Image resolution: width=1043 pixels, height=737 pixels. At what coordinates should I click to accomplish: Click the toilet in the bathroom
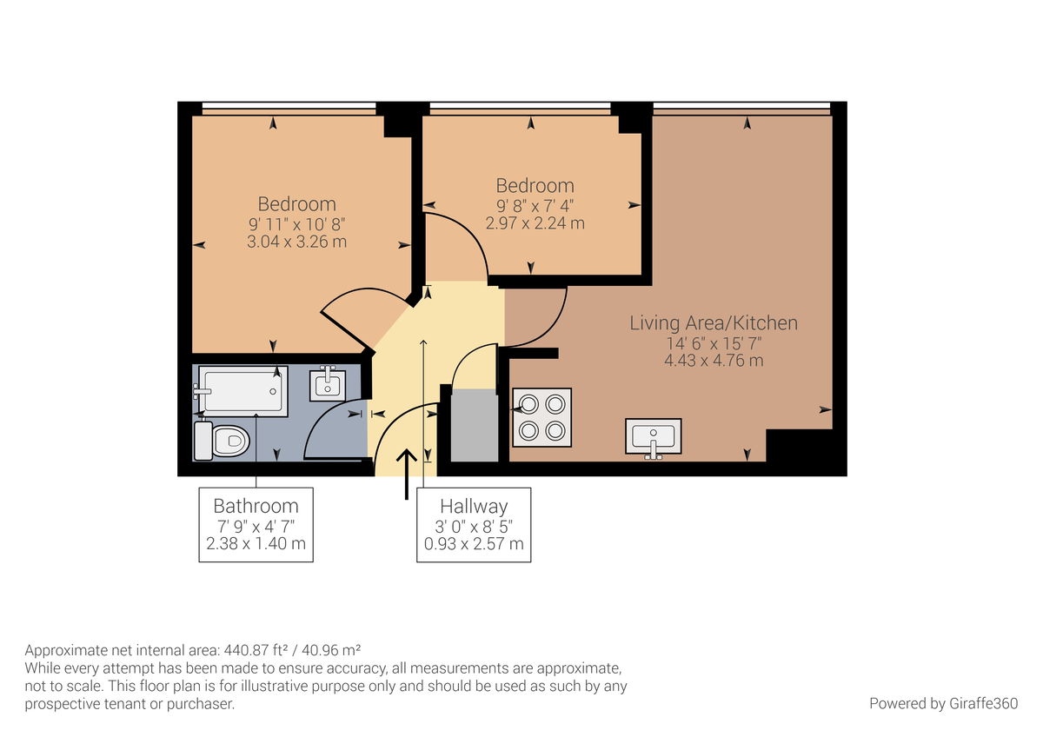[x=224, y=441]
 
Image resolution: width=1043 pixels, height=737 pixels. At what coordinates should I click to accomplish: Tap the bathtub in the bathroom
[x=242, y=391]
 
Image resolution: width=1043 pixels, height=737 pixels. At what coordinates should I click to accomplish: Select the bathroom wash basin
[x=328, y=382]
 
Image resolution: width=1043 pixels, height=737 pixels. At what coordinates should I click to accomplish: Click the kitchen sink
[x=654, y=436]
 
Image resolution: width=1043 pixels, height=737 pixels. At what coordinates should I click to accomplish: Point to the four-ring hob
[x=541, y=417]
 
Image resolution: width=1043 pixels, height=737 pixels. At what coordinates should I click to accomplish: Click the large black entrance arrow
[x=406, y=475]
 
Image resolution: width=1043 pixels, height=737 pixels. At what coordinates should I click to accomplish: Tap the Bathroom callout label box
[x=256, y=525]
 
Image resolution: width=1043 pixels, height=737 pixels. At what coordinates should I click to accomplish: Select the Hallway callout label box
[x=474, y=525]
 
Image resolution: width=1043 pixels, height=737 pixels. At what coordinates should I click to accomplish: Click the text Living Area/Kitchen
[x=714, y=323]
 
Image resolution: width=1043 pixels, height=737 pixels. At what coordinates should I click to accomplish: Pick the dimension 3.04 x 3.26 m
[x=296, y=242]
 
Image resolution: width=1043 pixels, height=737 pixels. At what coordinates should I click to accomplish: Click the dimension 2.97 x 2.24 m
[x=535, y=222]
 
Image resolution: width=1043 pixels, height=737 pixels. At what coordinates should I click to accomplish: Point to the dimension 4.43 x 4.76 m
[x=714, y=360]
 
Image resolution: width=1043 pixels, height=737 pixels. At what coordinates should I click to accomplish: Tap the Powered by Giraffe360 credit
[x=943, y=703]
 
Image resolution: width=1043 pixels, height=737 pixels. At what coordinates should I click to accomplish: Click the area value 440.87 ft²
[x=259, y=650]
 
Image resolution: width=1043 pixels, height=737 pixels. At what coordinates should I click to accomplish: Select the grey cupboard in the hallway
[x=474, y=426]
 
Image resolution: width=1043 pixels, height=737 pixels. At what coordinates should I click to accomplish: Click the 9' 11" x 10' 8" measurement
[x=296, y=223]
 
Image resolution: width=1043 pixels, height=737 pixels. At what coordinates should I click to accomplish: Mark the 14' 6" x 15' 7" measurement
[x=714, y=342]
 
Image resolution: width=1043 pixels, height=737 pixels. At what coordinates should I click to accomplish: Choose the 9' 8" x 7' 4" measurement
[x=535, y=205]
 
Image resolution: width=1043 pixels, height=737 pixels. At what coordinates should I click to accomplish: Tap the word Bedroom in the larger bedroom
[x=296, y=203]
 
